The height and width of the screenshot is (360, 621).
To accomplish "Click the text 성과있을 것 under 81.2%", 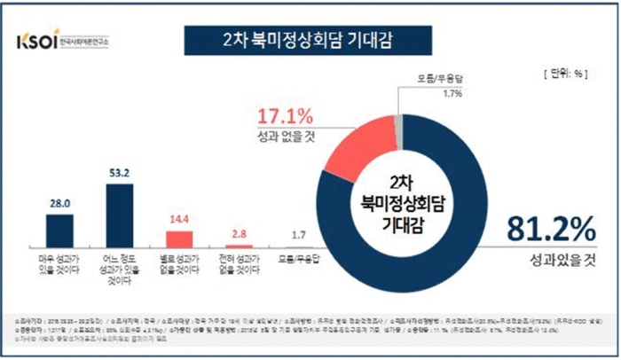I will pyautogui.click(x=554, y=258).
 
